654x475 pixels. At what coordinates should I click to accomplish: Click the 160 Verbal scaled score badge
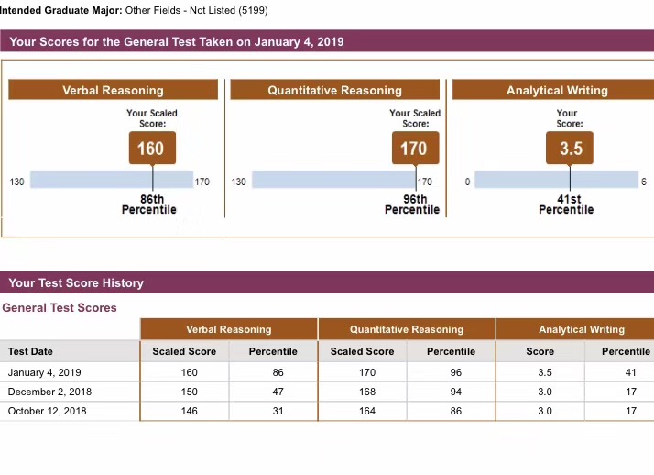[151, 149]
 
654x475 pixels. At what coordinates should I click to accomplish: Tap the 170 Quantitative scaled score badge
[413, 149]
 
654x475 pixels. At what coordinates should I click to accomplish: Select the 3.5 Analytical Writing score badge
[570, 149]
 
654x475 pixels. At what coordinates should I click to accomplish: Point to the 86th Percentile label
[151, 204]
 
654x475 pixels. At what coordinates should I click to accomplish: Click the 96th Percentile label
[413, 204]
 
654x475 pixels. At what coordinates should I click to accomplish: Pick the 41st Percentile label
[566, 204]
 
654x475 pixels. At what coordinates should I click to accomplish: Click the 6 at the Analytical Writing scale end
[643, 182]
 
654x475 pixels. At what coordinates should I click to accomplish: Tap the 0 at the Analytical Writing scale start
[467, 182]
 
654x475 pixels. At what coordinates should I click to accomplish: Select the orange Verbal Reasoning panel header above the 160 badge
[113, 90]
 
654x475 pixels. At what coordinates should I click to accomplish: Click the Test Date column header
[30, 351]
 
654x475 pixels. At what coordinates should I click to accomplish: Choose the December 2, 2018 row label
[48, 392]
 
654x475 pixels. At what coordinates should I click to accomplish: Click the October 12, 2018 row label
[47, 411]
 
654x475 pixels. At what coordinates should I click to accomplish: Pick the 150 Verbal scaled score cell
[190, 392]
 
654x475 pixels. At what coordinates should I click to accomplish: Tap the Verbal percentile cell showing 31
[278, 411]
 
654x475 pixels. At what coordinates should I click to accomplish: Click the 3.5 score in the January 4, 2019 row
[545, 372]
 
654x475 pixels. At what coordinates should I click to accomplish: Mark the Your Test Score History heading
[76, 282]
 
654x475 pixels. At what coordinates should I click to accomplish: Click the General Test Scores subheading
[60, 307]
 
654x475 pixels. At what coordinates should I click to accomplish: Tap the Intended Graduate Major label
[60, 10]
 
